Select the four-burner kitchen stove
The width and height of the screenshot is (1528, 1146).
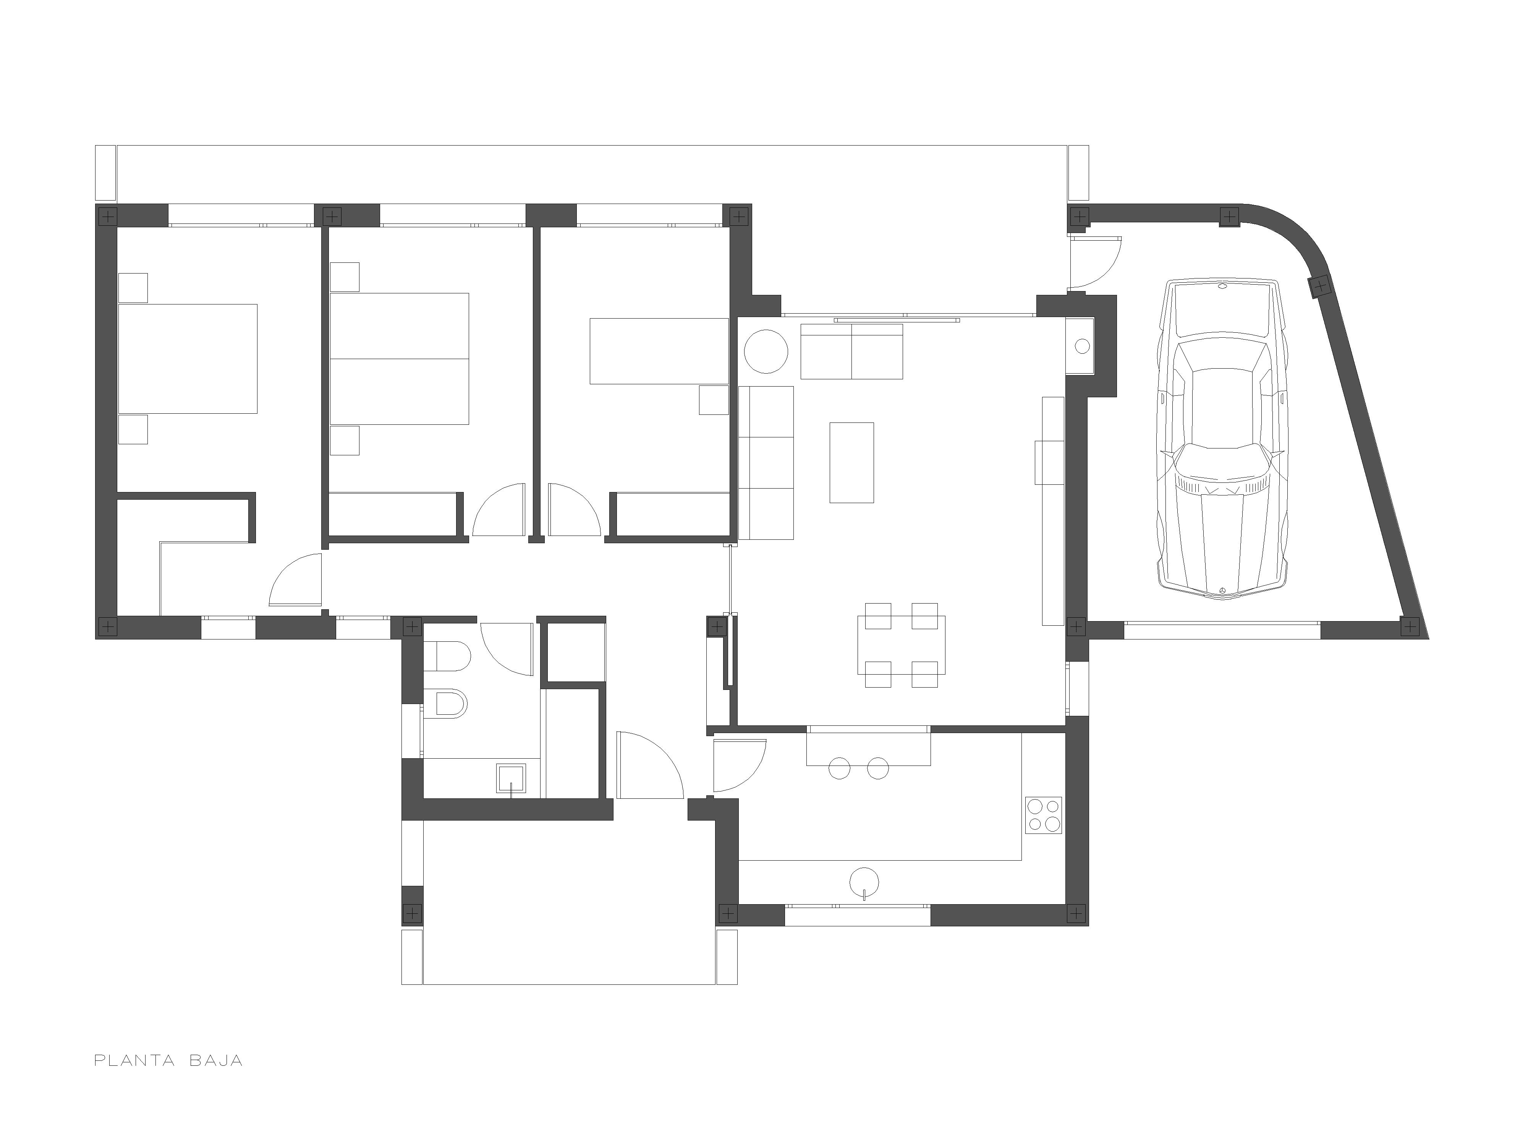[x=1043, y=815]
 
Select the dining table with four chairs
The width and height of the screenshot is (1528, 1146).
[x=901, y=644]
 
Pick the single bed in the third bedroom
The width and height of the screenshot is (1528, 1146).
[x=659, y=351]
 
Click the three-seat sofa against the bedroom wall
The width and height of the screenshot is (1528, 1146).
[x=766, y=462]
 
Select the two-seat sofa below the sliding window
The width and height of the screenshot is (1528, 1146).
[x=852, y=351]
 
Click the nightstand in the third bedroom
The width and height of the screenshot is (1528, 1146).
[x=714, y=400]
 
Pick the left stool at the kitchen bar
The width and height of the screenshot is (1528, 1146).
[x=838, y=768]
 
